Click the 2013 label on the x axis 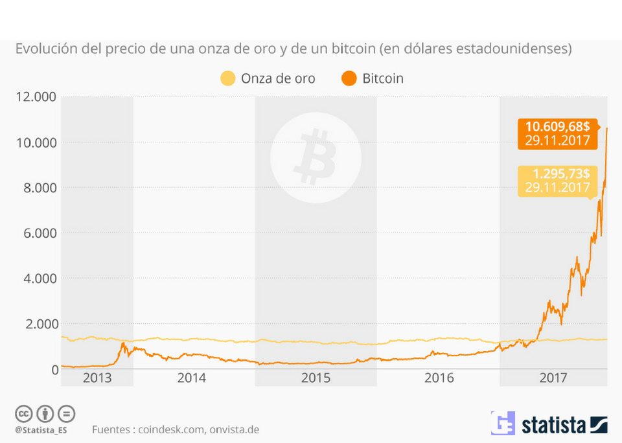pyautogui.click(x=97, y=377)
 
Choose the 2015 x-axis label pyautogui.click(x=316, y=377)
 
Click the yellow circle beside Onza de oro pyautogui.click(x=227, y=79)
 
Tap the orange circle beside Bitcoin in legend pyautogui.click(x=349, y=79)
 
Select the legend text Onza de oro pyautogui.click(x=278, y=79)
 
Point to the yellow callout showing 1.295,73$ pyautogui.click(x=557, y=181)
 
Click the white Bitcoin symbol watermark pyautogui.click(x=316, y=156)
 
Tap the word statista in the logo pyautogui.click(x=554, y=425)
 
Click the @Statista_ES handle pyautogui.click(x=41, y=429)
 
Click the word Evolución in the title pyautogui.click(x=43, y=49)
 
